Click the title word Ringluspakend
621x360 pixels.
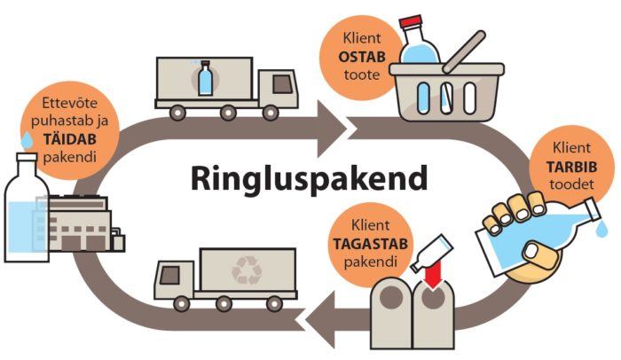pos(310,179)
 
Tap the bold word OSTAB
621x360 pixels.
pos(362,57)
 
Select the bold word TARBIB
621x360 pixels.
pos(571,167)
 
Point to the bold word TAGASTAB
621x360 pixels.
pos(370,244)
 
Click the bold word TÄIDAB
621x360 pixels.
pos(70,139)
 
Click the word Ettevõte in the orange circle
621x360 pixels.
pos(70,104)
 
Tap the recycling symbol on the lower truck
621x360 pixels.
pos(247,271)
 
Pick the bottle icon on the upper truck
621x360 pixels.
pos(205,78)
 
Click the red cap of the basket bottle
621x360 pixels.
pos(411,22)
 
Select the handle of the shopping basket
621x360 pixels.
pos(464,52)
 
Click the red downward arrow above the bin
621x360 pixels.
pos(432,273)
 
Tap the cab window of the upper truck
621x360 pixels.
pos(282,84)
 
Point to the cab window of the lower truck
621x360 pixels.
pos(169,275)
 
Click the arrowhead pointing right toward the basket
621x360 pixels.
pos(331,129)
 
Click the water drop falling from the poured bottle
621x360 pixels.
pos(602,230)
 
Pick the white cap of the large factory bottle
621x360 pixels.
pos(27,156)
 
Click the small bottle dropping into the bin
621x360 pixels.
pos(432,253)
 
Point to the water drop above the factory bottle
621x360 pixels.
pos(27,140)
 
